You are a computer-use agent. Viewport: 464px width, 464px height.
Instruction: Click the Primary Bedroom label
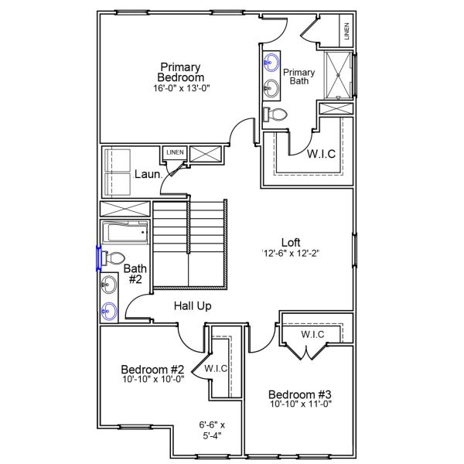pyautogui.click(x=181, y=72)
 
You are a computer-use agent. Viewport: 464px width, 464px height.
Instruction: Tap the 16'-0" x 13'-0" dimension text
pyautogui.click(x=181, y=88)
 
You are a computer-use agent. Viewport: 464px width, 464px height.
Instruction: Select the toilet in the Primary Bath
pyautogui.click(x=276, y=114)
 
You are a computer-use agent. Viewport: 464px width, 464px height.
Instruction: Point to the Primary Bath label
pyautogui.click(x=302, y=76)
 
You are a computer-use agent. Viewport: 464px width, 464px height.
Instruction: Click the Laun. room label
pyautogui.click(x=148, y=174)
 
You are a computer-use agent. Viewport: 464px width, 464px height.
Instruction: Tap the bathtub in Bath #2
pyautogui.click(x=125, y=232)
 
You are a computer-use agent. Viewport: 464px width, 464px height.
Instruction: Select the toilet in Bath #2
pyautogui.click(x=114, y=258)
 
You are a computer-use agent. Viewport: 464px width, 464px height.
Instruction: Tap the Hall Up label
pyautogui.click(x=193, y=306)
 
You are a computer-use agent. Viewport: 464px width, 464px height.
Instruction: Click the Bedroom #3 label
pyautogui.click(x=301, y=394)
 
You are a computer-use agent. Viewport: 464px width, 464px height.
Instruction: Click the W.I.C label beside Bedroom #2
pyautogui.click(x=216, y=369)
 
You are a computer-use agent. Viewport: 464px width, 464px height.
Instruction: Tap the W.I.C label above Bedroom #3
pyautogui.click(x=312, y=334)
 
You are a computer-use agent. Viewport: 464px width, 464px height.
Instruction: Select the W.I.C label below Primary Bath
pyautogui.click(x=321, y=154)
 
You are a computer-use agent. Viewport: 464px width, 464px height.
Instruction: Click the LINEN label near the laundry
pyautogui.click(x=175, y=152)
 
